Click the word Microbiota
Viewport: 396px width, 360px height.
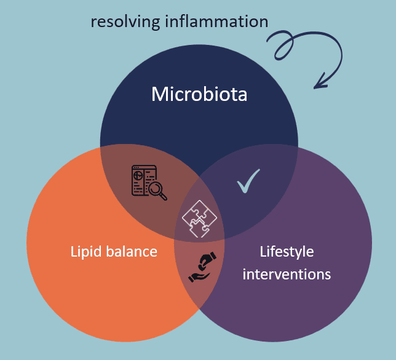pyautogui.click(x=199, y=94)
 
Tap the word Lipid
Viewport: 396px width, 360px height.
pyautogui.click(x=84, y=252)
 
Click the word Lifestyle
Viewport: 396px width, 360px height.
pyautogui.click(x=287, y=252)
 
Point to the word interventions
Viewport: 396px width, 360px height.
pyautogui.click(x=287, y=274)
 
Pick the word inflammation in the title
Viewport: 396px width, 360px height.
pyautogui.click(x=216, y=22)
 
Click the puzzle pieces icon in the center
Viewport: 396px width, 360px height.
pyautogui.click(x=199, y=218)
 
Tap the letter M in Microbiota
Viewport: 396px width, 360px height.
pyautogui.click(x=159, y=94)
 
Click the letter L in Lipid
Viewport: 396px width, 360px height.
pyautogui.click(x=74, y=252)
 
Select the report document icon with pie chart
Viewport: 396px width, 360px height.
pyautogui.click(x=145, y=180)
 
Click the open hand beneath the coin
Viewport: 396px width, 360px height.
pyautogui.click(x=200, y=276)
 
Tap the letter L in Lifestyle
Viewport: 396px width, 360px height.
pyautogui.click(x=263, y=252)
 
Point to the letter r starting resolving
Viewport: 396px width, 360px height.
pyautogui.click(x=93, y=23)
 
